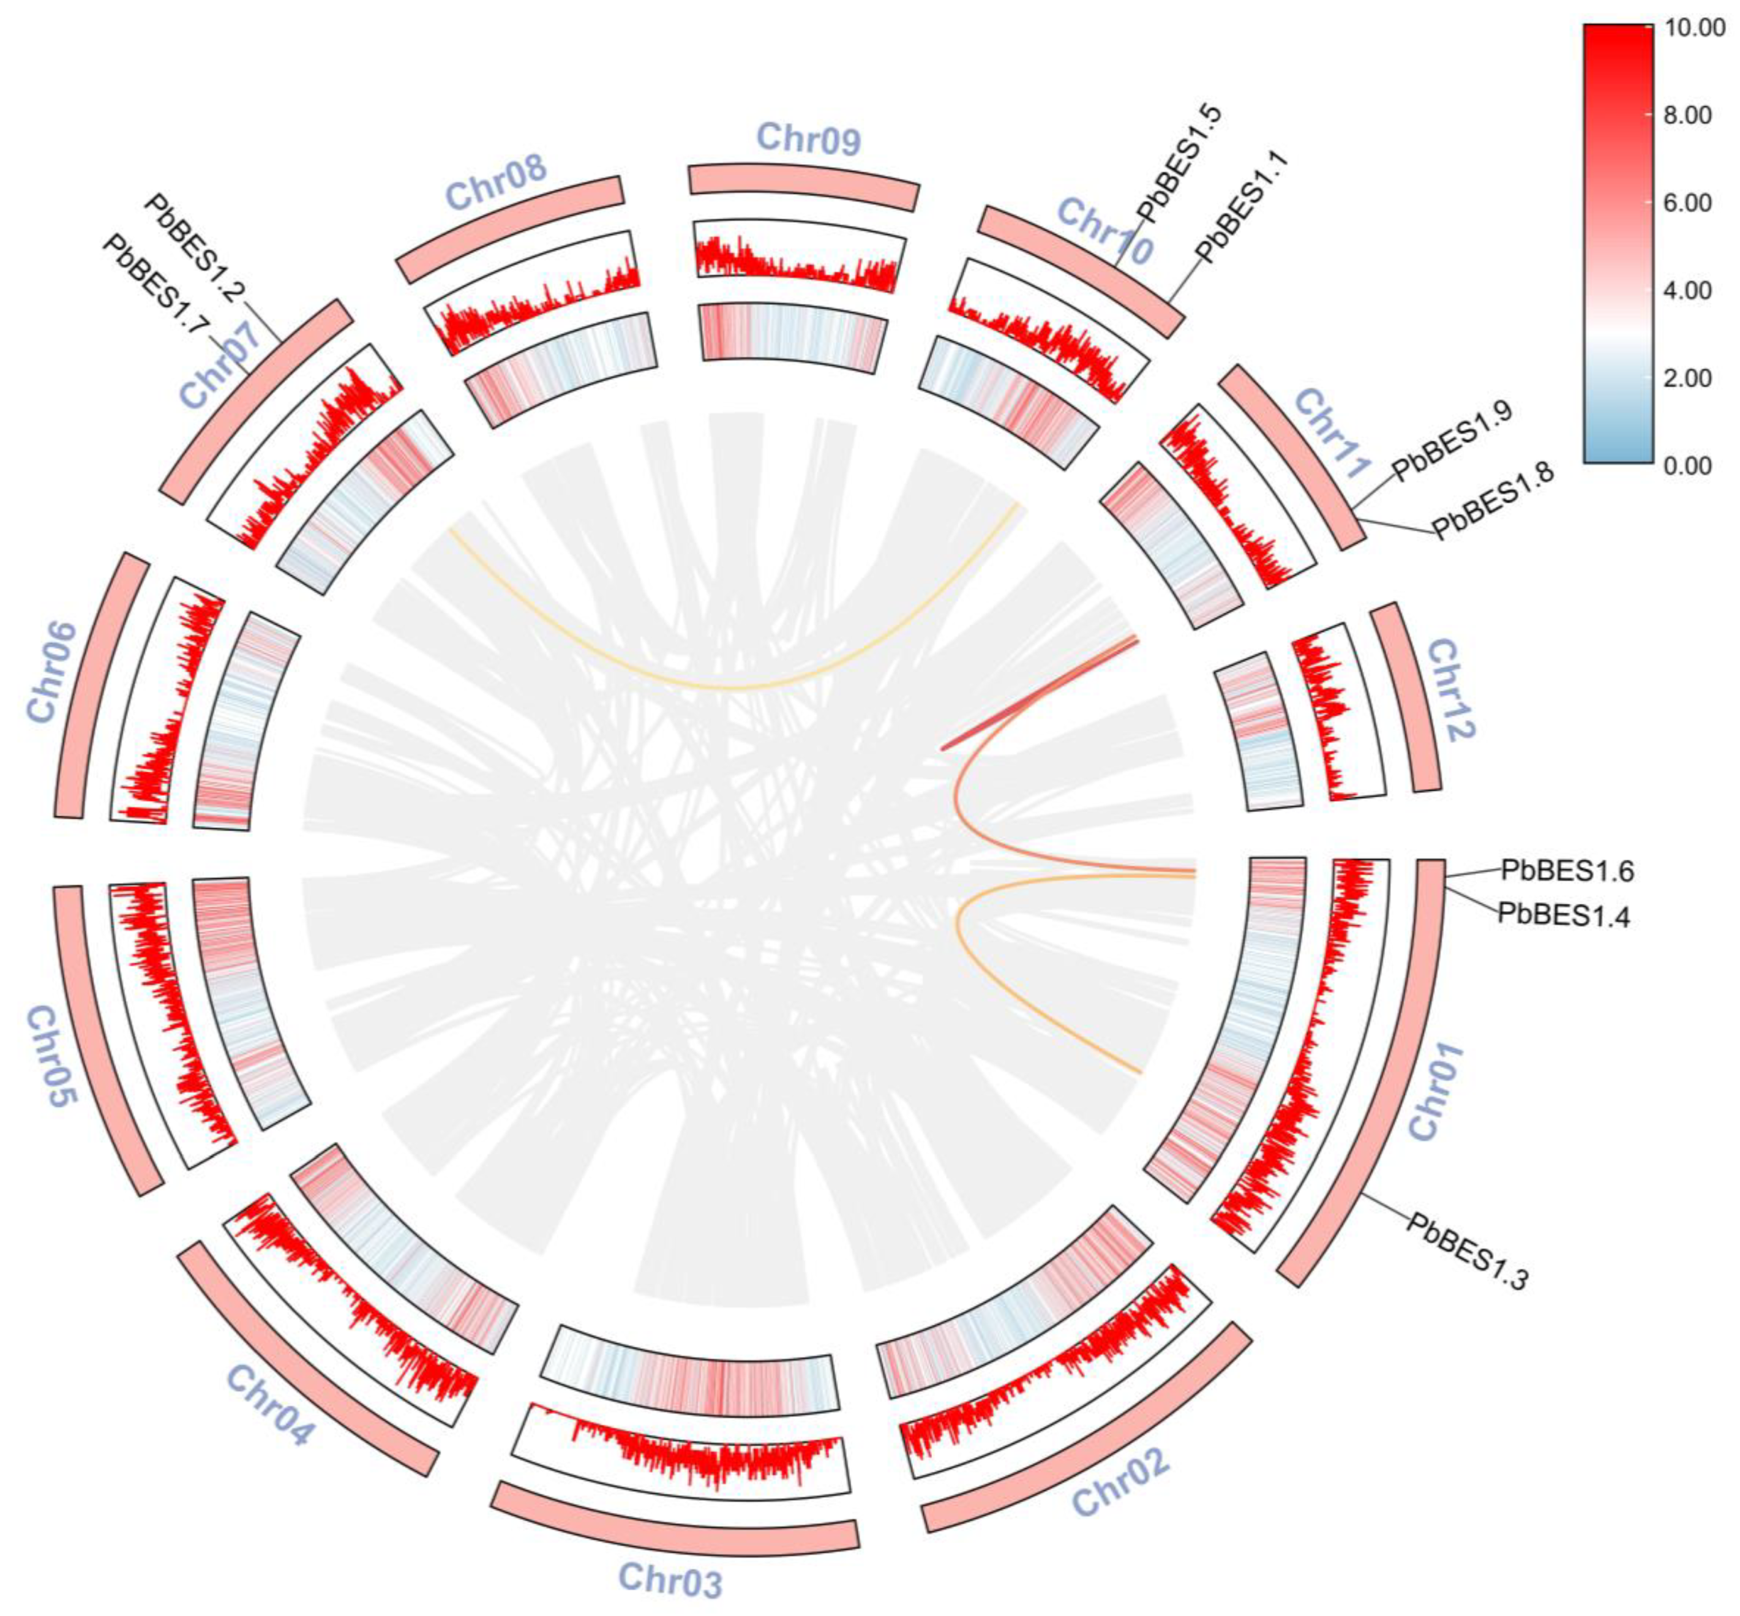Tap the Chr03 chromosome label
pyautogui.click(x=670, y=1579)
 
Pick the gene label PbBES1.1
pyautogui.click(x=1241, y=206)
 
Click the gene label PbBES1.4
pyautogui.click(x=1564, y=915)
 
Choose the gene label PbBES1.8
pyautogui.click(x=1491, y=500)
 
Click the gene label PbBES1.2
pyautogui.click(x=194, y=247)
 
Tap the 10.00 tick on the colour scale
pyautogui.click(x=1695, y=28)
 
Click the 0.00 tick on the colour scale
pyautogui.click(x=1687, y=465)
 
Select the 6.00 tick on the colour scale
pyautogui.click(x=1687, y=203)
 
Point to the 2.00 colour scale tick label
pyautogui.click(x=1687, y=378)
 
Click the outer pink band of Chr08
pyautogui.click(x=511, y=228)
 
